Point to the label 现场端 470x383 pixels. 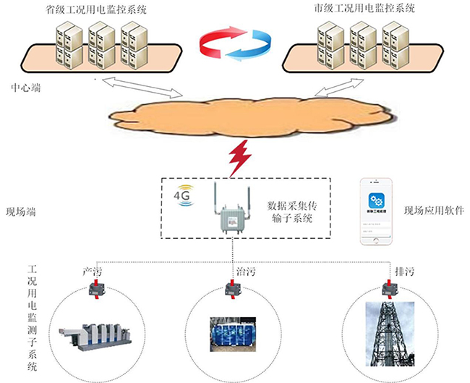click(x=21, y=211)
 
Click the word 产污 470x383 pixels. click(x=93, y=272)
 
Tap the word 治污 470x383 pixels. click(x=246, y=272)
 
